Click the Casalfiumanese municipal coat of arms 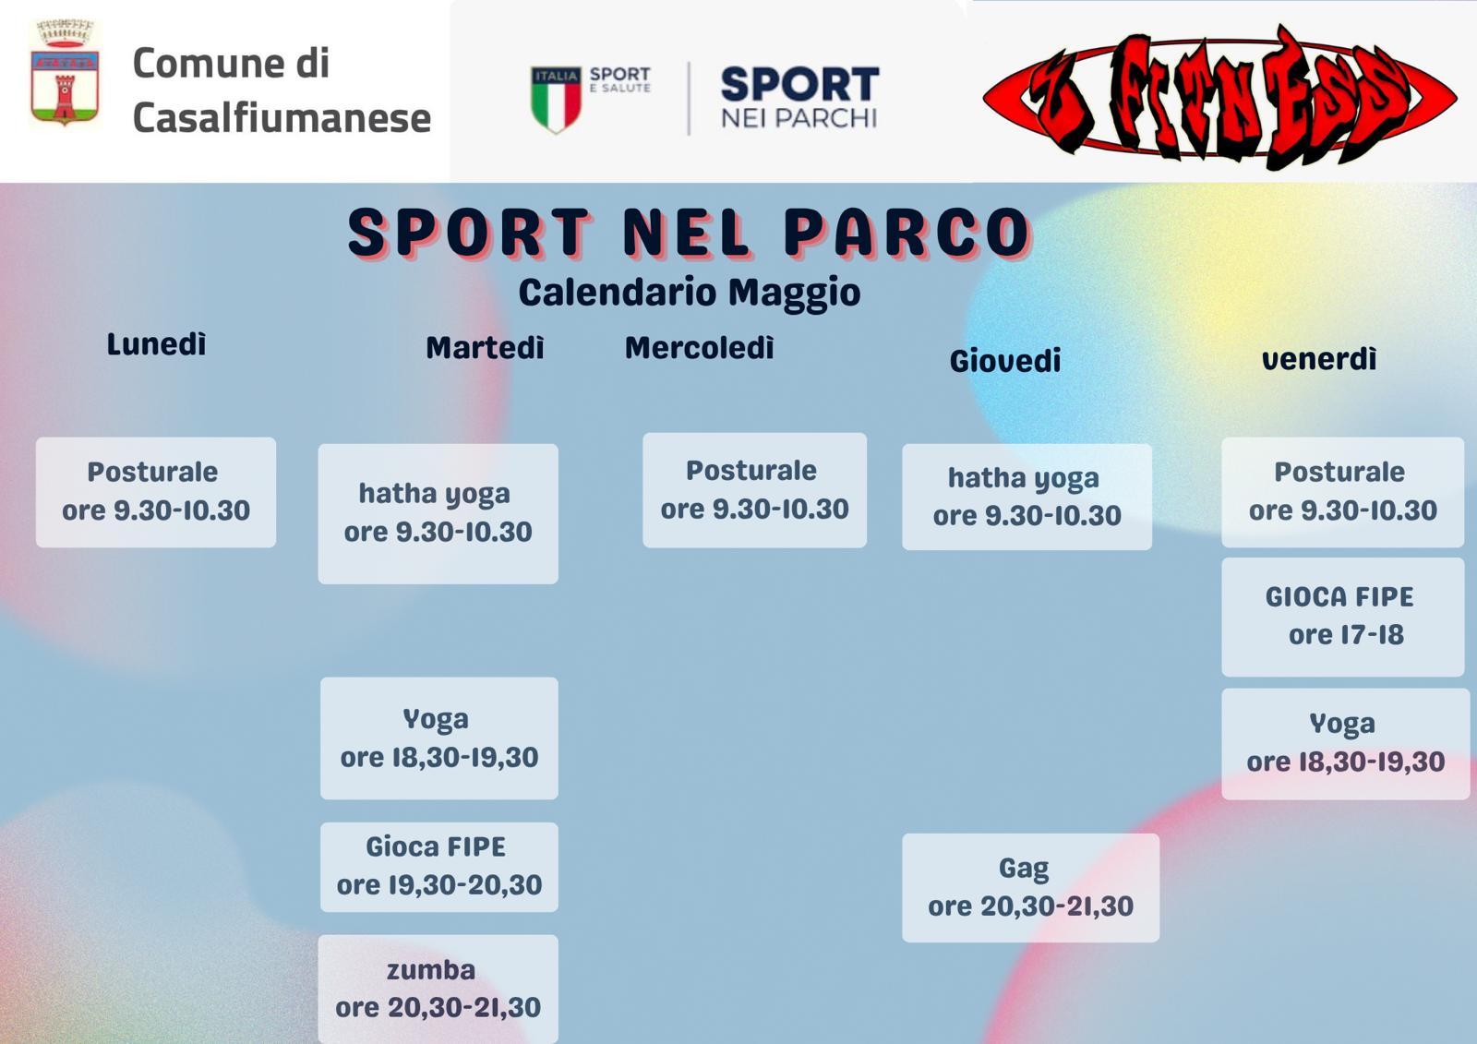65,73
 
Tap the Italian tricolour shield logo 556,99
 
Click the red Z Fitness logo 1219,99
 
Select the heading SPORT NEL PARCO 689,233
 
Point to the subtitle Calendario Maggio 689,293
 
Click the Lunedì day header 156,344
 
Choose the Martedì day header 485,348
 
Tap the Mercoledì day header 699,348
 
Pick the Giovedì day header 1005,361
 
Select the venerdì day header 1319,359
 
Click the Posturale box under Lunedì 156,492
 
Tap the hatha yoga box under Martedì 438,514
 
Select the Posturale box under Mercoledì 754,490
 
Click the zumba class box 438,989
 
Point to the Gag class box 1030,888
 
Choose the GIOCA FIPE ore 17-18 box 1342,617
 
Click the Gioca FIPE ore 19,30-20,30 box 439,867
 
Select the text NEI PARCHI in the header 799,118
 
